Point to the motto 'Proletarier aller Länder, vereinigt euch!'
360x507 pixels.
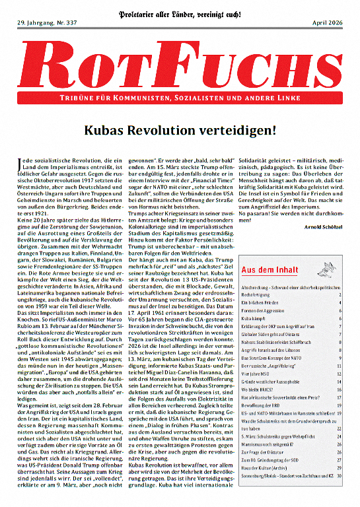coord(180,12)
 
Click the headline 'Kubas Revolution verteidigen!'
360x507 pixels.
coord(180,130)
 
